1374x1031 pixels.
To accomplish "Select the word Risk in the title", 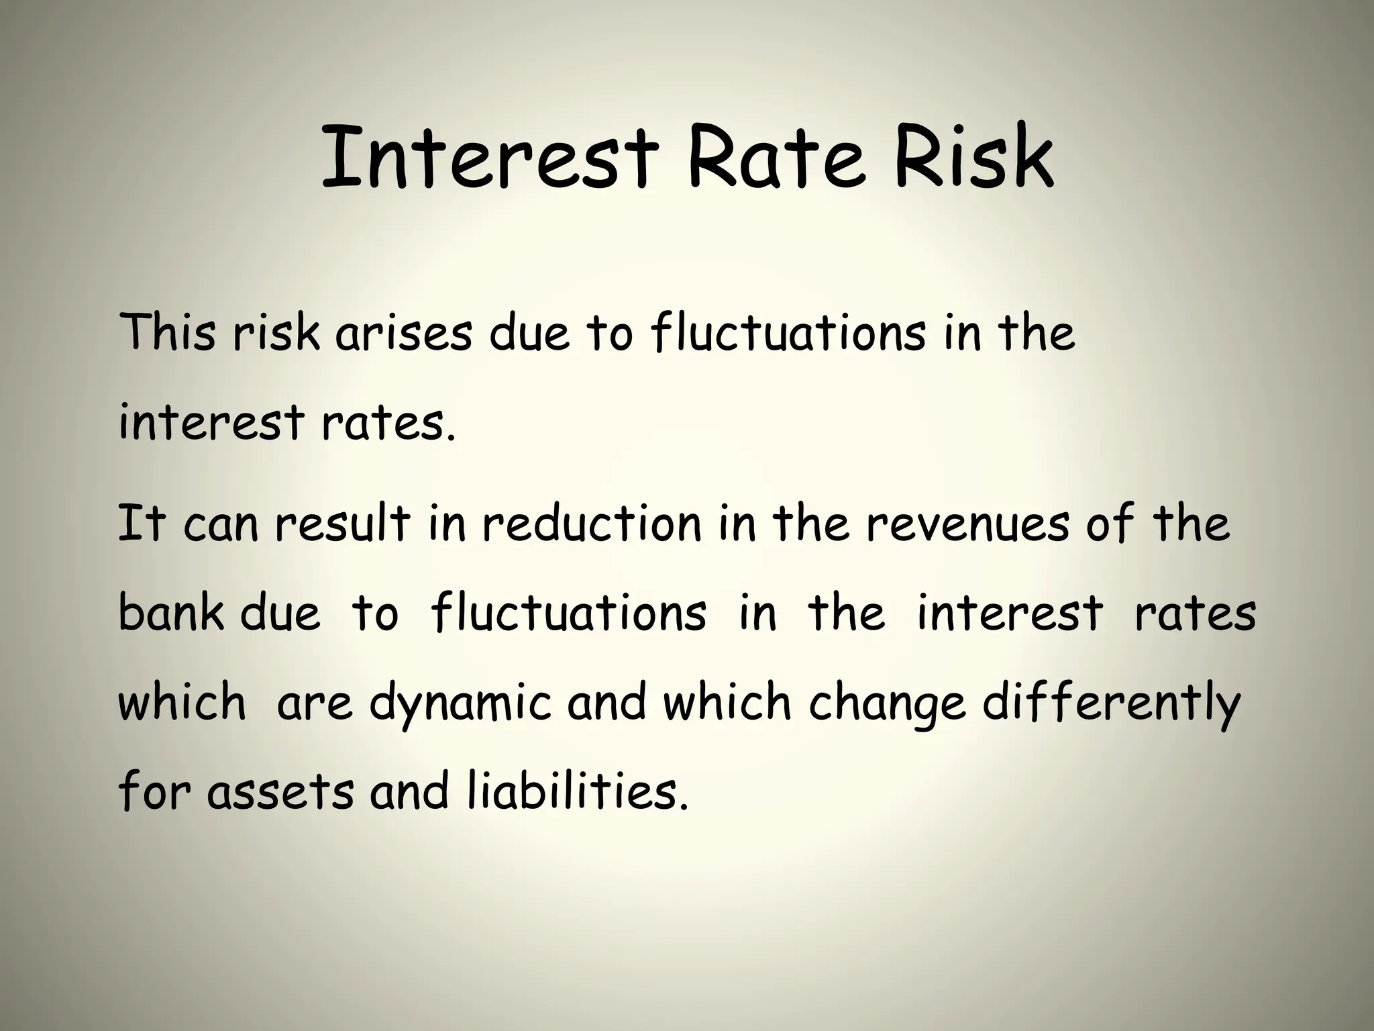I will [973, 158].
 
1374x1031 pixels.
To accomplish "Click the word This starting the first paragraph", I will [167, 332].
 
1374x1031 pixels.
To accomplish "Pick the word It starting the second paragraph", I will [141, 524].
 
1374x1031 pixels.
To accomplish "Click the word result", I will [342, 524].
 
